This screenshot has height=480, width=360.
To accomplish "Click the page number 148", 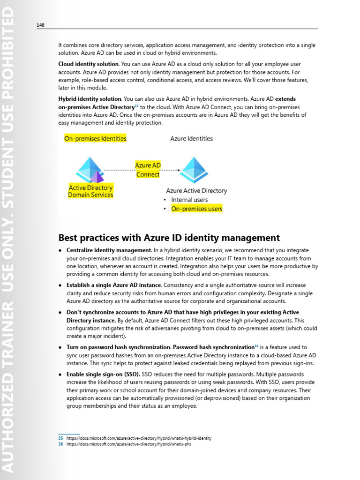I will (x=40, y=25).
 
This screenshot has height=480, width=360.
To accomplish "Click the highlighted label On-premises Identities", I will (x=95, y=138).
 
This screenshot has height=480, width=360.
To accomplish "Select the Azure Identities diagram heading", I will (x=191, y=138).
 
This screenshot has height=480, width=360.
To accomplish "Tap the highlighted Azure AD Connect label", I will (x=148, y=170).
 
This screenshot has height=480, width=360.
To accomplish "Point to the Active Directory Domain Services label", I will (x=90, y=191).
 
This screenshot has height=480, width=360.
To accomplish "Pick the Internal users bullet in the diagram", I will (x=189, y=200).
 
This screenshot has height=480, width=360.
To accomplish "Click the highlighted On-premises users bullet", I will (x=196, y=209).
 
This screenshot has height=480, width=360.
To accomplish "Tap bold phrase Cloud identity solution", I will (x=88, y=64).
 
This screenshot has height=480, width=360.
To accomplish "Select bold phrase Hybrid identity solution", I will (x=90, y=99).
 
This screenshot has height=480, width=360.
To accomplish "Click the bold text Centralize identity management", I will (x=108, y=250).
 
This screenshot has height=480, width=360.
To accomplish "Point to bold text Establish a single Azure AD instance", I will (x=113, y=285).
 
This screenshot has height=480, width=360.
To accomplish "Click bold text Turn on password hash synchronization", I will (x=119, y=347).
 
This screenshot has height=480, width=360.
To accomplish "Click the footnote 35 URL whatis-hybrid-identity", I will (x=139, y=438).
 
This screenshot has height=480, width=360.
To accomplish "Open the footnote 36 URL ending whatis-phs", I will (x=128, y=444).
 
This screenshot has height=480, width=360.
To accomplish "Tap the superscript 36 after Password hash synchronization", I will (x=256, y=346).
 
